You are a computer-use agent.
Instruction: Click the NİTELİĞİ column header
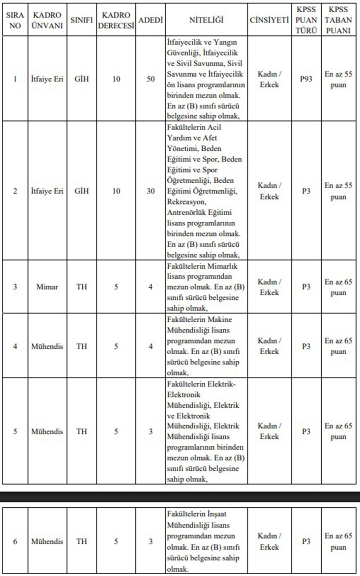[x=206, y=20]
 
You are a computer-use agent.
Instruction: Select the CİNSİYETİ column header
[x=269, y=20]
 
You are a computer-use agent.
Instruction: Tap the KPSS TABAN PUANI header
[x=338, y=20]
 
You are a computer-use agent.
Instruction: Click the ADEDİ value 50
[x=150, y=79]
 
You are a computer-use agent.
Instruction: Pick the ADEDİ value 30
[x=150, y=191]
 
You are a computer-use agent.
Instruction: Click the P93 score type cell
[x=306, y=79]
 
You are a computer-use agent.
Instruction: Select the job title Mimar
[x=47, y=287]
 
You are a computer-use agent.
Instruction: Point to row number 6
[x=15, y=541]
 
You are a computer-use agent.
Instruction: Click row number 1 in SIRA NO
[x=15, y=79]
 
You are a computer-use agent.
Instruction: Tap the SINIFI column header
[x=82, y=20]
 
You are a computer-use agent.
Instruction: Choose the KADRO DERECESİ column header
[x=116, y=20]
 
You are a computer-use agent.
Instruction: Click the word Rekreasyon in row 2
[x=186, y=202]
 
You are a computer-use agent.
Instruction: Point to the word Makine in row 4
[x=220, y=319]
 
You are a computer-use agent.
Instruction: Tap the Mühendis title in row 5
[x=47, y=431]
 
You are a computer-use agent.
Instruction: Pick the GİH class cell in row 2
[x=82, y=191]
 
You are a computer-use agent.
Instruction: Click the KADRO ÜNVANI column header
[x=47, y=20]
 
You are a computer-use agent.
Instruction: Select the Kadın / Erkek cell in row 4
[x=269, y=346]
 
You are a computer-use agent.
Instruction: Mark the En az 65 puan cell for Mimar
[x=338, y=287]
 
